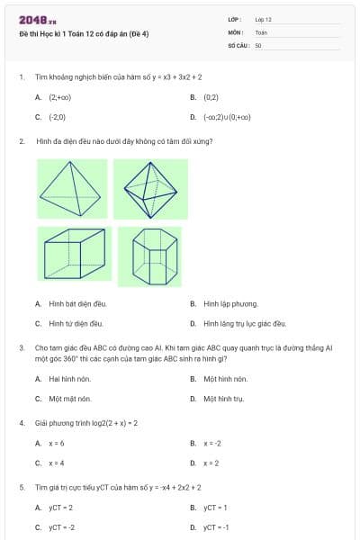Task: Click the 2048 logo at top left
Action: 38,19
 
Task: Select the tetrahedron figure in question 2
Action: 72,189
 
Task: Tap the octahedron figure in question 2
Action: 150,189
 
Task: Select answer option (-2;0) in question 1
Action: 57,116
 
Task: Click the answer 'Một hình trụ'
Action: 224,398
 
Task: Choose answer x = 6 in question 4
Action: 56,444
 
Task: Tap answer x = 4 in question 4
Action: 56,463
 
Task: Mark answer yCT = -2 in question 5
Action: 61,527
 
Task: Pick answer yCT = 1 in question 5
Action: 215,508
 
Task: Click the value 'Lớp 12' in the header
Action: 264,19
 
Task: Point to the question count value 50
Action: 258,45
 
